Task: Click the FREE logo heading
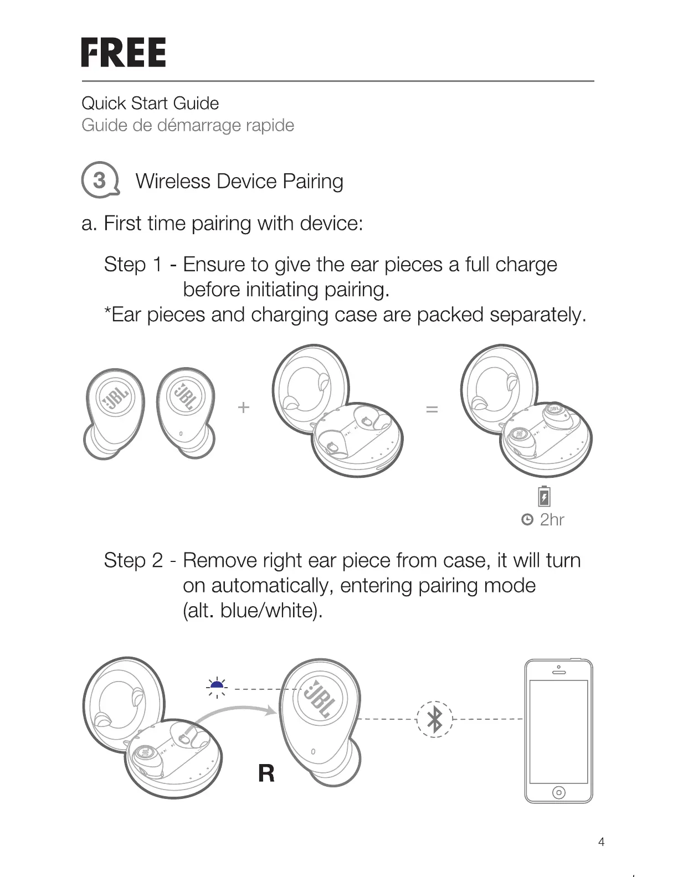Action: click(x=124, y=53)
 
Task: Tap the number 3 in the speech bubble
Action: click(x=99, y=180)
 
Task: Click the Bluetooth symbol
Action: click(x=435, y=719)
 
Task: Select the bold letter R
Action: click(x=266, y=773)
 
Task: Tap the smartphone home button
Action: click(x=558, y=793)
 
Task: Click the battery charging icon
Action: click(x=545, y=497)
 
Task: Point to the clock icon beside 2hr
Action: click(x=527, y=520)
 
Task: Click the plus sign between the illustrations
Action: click(x=244, y=407)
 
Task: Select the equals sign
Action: click(x=432, y=409)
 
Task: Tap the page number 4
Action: click(x=602, y=842)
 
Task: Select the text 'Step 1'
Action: click(x=133, y=265)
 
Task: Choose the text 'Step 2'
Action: click(x=133, y=560)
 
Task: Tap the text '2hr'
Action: click(x=552, y=520)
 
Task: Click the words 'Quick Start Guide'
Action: click(x=150, y=103)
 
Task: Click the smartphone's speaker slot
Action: click(x=559, y=673)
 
